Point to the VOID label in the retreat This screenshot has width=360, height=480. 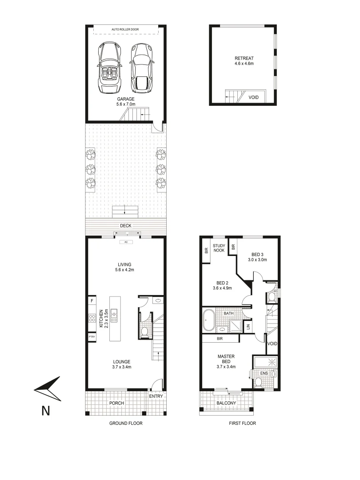[254, 97]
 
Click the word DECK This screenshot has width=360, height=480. [125, 225]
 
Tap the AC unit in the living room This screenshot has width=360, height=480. [126, 242]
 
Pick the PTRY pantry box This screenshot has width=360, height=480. [92, 337]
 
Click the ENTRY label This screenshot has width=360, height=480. [156, 396]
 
